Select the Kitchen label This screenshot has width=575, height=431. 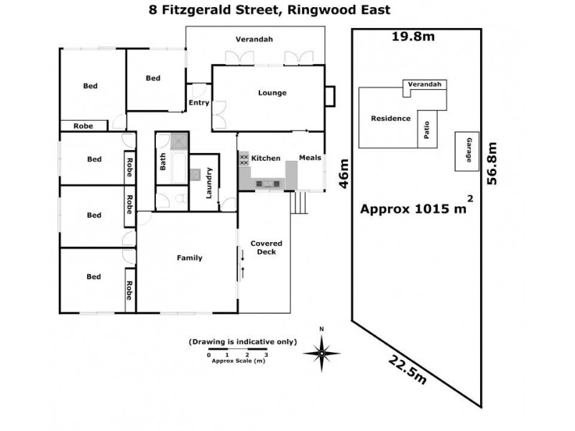(x=265, y=158)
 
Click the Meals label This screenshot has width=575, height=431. (x=309, y=158)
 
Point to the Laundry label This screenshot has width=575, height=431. (x=209, y=182)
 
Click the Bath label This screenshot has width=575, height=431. (x=163, y=164)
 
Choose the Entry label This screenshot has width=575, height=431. (x=198, y=103)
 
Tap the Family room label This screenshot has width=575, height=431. (x=190, y=258)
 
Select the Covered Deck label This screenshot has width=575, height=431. (x=266, y=248)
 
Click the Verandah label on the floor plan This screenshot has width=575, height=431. (x=255, y=39)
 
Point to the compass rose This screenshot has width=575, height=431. (x=322, y=352)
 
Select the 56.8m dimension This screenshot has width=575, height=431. (x=493, y=162)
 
